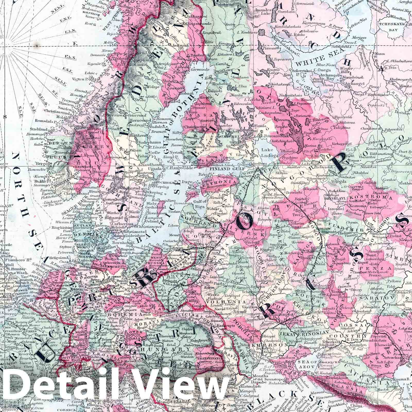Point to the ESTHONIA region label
coord(226,182)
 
